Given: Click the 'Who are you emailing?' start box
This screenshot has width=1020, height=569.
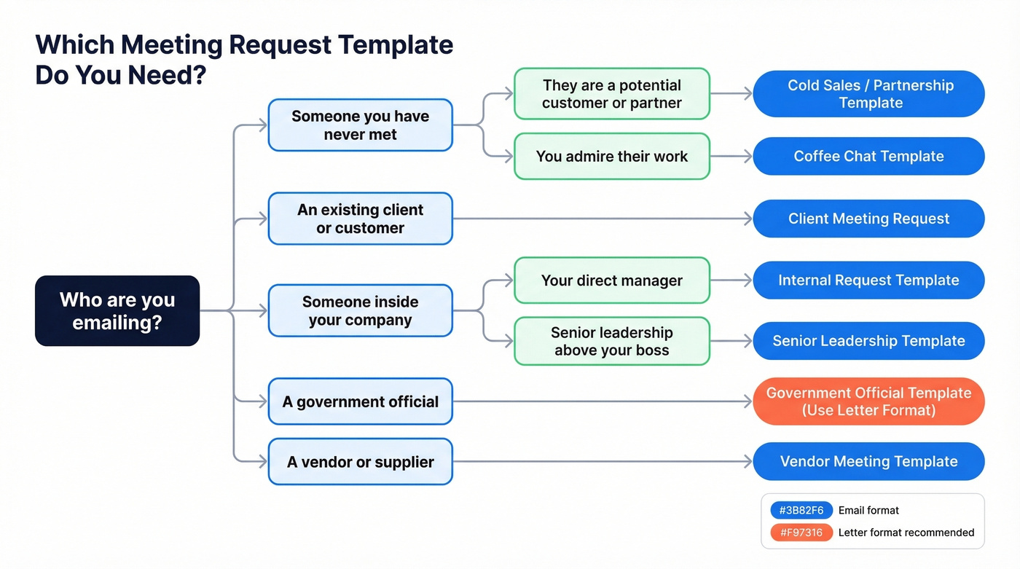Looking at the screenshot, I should tap(117, 310).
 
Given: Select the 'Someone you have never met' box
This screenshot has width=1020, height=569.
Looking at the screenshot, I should tap(360, 125).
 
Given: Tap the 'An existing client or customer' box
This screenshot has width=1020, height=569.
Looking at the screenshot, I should tap(360, 219).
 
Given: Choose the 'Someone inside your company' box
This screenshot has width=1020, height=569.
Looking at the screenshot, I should tap(360, 311).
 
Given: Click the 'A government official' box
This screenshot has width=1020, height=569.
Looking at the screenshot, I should tap(360, 401).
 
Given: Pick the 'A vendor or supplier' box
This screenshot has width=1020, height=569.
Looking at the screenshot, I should tap(360, 462).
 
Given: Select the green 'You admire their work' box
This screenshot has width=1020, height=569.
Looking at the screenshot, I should tap(611, 156).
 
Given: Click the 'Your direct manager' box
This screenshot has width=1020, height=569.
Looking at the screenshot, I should tap(611, 280).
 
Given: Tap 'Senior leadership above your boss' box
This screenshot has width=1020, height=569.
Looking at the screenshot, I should tap(611, 341).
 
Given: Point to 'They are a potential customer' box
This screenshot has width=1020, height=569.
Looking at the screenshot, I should tap(611, 94).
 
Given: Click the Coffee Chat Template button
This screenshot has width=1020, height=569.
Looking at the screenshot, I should tap(868, 156).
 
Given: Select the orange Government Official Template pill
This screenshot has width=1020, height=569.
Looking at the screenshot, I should tap(868, 401).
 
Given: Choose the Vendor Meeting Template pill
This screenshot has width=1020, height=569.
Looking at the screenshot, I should tap(868, 461).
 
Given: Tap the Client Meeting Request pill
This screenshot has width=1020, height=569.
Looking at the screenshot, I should tap(868, 219).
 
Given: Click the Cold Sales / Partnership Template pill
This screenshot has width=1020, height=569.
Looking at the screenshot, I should tap(868, 94).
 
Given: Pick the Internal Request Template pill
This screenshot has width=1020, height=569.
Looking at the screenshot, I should tap(868, 280).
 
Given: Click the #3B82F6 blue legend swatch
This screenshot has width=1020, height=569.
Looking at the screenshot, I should tap(801, 510).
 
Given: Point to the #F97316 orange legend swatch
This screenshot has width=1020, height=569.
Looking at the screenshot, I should tap(801, 533).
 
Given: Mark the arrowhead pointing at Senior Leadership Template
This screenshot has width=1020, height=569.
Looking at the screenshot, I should tap(747, 341).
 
